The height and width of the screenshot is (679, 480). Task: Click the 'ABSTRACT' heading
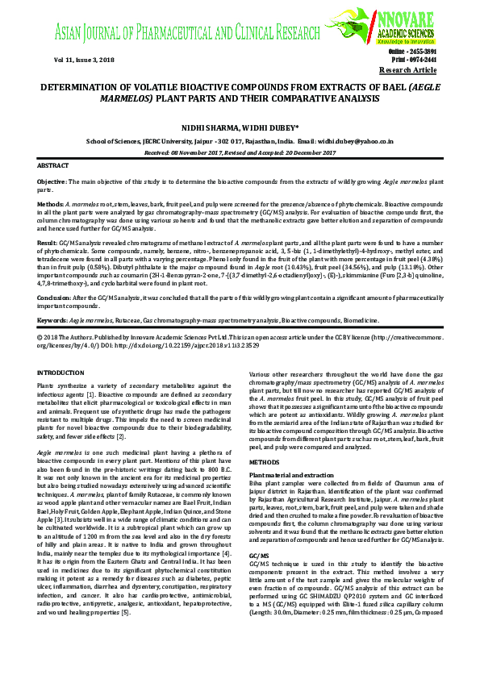[54, 165]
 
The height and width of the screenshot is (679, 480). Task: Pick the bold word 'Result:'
[48, 242]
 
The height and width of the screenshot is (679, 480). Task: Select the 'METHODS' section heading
[264, 462]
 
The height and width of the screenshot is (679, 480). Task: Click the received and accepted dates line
[240, 151]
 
